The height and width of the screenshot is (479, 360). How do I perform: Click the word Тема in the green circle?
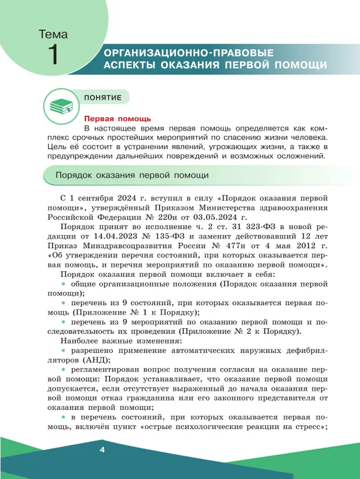(53, 34)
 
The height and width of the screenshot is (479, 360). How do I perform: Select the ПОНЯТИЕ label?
(102, 97)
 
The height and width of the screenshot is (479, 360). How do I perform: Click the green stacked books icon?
(58, 106)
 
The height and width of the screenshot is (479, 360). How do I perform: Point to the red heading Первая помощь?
(117, 119)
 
